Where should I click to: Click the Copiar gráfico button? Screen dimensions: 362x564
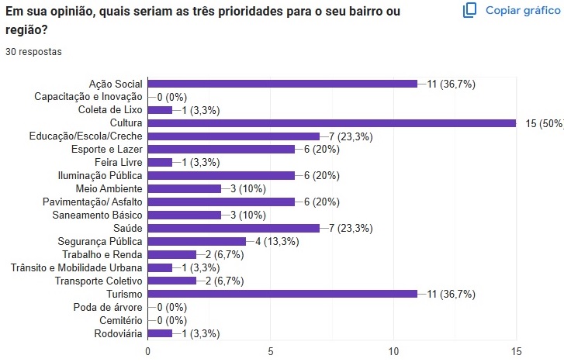click(511, 10)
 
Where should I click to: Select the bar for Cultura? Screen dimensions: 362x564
click(332, 122)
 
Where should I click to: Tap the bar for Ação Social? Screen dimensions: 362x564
click(282, 83)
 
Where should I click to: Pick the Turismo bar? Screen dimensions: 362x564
click(282, 294)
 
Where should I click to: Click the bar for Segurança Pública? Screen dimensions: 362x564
click(197, 241)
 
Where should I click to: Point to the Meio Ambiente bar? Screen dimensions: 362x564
click(185, 188)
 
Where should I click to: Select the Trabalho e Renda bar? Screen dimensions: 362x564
click(172, 254)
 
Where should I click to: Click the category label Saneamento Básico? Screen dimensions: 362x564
click(97, 215)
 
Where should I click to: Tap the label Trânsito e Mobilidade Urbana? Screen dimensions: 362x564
click(77, 267)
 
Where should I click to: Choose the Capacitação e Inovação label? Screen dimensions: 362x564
click(88, 97)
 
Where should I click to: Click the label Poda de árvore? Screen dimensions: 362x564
click(109, 307)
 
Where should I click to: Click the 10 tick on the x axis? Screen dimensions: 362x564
click(393, 350)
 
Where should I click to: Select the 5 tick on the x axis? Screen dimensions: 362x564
click(271, 350)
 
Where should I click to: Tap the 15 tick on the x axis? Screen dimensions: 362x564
click(516, 350)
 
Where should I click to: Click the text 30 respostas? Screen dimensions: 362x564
click(34, 51)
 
